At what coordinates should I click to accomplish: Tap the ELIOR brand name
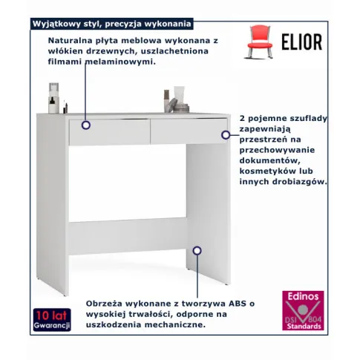[302, 42]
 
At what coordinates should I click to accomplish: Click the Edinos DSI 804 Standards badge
[303, 310]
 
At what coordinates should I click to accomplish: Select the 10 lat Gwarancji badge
[52, 320]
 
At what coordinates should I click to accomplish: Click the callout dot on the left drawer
[86, 125]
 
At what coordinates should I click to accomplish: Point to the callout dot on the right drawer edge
[226, 135]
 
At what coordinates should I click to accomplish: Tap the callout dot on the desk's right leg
[197, 251]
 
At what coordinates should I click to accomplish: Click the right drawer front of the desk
[189, 131]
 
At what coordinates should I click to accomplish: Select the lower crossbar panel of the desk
[128, 236]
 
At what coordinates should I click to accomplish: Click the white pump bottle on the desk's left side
[53, 98]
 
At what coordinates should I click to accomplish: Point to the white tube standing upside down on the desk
[179, 95]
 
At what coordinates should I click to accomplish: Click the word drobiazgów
[300, 182]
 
